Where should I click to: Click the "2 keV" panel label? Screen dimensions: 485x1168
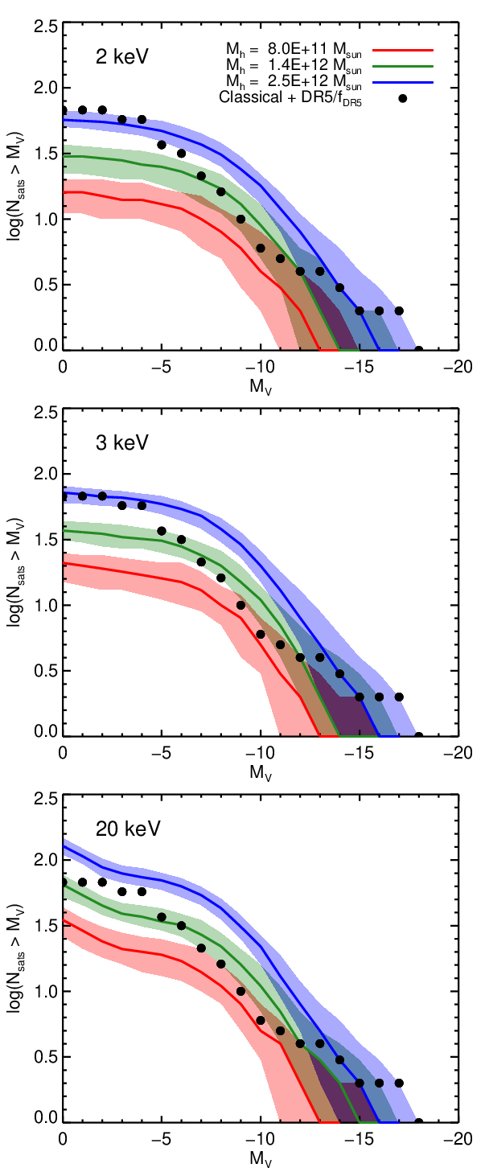coord(122,56)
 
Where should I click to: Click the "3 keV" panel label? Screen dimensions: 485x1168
coord(122,442)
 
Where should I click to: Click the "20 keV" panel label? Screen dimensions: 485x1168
coord(128,829)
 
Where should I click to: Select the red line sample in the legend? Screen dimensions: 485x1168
coord(403,51)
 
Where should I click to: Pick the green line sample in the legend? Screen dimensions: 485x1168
coord(403,66)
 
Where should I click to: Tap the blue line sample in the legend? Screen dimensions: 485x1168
coord(403,82)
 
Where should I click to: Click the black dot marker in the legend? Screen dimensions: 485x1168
coord(403,98)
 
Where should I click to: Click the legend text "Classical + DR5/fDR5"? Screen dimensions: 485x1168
coord(290,98)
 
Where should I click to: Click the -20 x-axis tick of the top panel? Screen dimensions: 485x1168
coord(459,367)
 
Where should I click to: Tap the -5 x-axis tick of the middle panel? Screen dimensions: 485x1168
coord(162,753)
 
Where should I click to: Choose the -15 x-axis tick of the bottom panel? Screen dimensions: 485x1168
coord(360,1139)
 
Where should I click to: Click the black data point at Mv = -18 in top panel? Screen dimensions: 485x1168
coord(418,350)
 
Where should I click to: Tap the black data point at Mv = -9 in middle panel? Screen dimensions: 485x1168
coord(240,606)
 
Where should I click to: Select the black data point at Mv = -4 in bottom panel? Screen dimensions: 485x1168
coord(142,891)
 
